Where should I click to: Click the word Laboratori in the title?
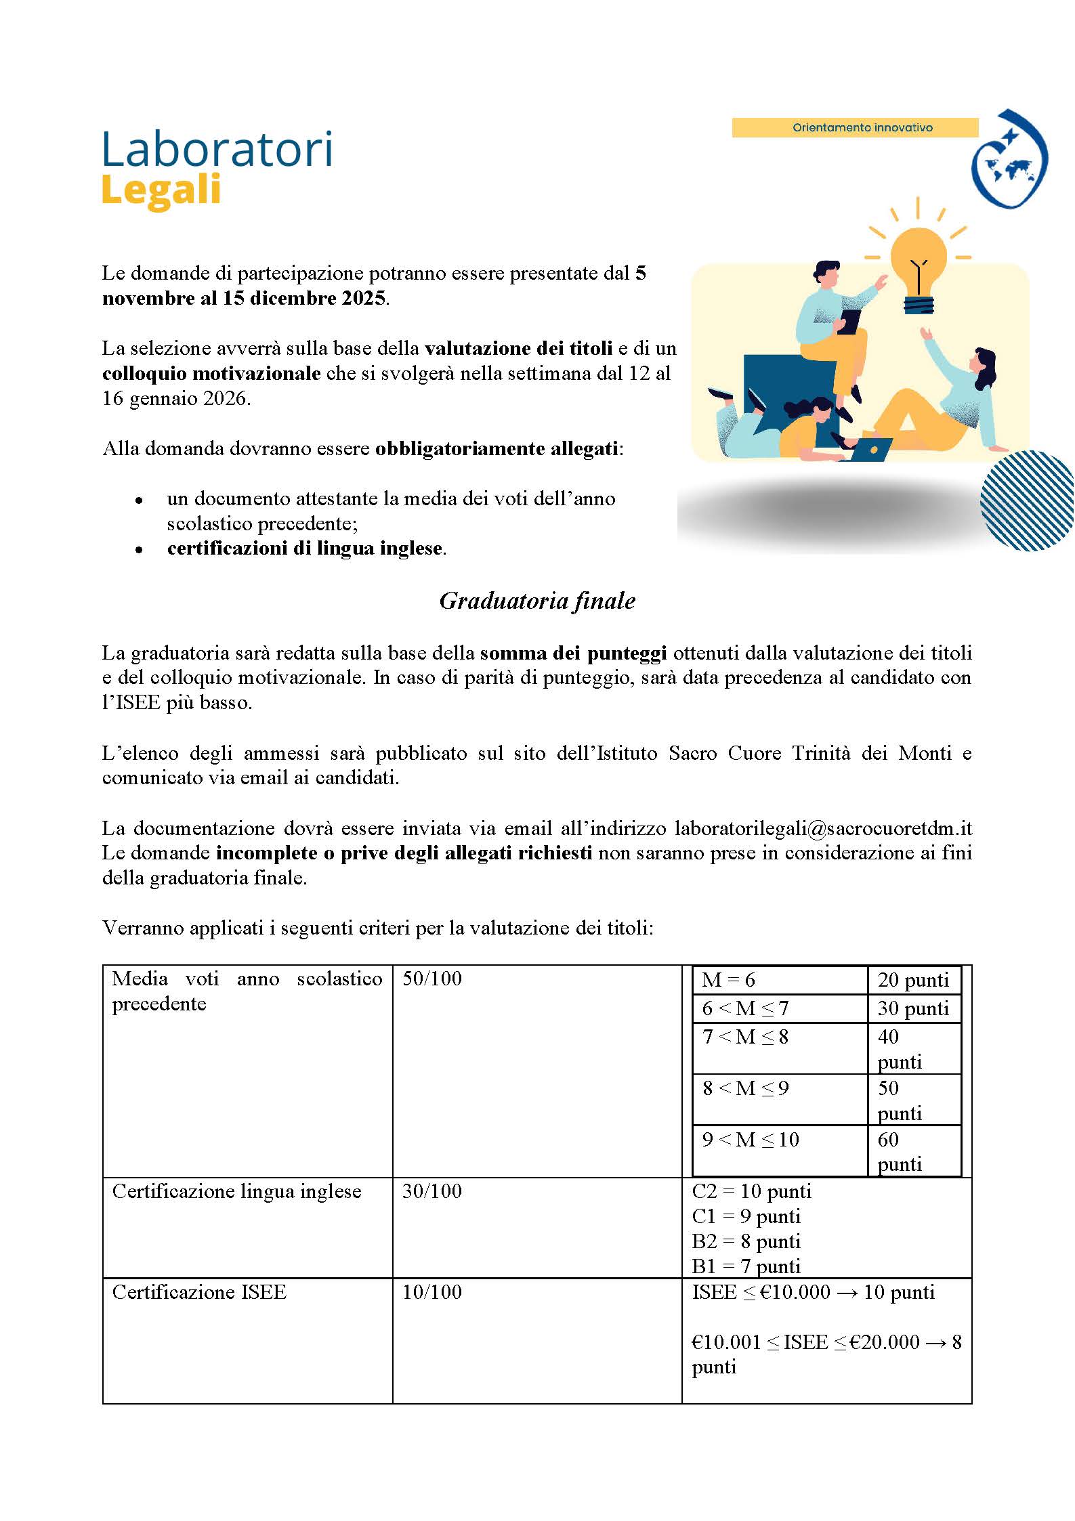point(217,150)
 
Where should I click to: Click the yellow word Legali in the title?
point(161,191)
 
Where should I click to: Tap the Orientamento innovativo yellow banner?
point(855,127)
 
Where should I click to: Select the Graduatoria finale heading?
point(537,601)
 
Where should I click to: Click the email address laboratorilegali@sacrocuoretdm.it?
point(823,828)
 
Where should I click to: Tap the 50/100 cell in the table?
point(432,979)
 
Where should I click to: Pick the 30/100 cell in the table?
point(432,1191)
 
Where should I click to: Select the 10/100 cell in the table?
point(432,1291)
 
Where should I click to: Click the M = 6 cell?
point(728,980)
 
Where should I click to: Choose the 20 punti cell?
point(913,980)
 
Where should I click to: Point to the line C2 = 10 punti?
point(751,1191)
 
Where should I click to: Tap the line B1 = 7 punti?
point(746,1266)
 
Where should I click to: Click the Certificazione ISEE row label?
point(199,1291)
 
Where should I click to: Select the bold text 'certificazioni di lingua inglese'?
point(305,548)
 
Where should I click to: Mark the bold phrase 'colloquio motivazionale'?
point(211,373)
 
